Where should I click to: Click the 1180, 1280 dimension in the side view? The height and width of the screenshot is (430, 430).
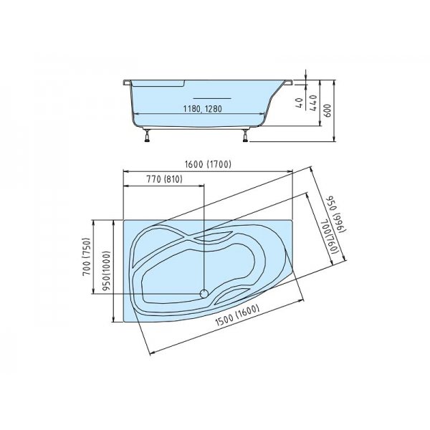[202, 109]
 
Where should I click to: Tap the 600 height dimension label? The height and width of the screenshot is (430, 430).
[328, 111]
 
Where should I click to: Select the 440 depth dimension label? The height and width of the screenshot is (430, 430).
[313, 102]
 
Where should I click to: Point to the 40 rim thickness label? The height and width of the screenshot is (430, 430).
[300, 102]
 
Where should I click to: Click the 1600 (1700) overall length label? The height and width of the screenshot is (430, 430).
[208, 164]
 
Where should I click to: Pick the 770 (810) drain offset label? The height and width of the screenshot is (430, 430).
[165, 179]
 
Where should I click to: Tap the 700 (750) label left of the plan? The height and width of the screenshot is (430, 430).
[87, 256]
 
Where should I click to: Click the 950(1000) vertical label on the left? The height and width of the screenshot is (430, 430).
[107, 271]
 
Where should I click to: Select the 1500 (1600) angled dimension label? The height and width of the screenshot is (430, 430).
[237, 315]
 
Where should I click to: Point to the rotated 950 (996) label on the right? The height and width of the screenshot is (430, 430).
[337, 215]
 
